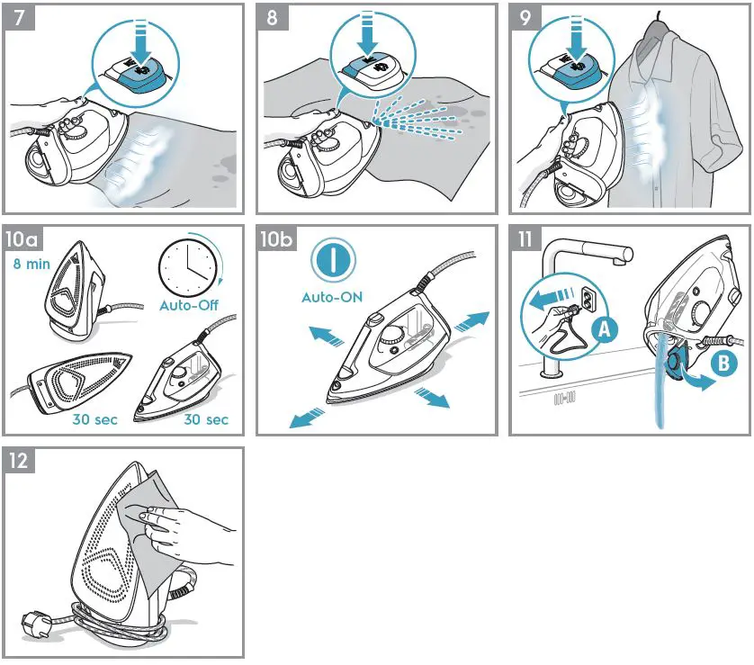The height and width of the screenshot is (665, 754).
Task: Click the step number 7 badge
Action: point(18,18)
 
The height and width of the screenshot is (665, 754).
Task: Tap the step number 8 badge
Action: point(273,18)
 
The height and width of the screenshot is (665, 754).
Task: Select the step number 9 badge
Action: point(526,18)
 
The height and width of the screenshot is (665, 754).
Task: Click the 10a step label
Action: point(22,239)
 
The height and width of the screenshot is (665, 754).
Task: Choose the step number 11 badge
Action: point(525,239)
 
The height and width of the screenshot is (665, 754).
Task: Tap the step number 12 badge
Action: point(19,461)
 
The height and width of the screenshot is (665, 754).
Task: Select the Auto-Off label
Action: point(189,305)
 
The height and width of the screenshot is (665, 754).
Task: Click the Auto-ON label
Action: point(332,296)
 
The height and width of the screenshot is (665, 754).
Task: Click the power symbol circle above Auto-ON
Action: point(332,261)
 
